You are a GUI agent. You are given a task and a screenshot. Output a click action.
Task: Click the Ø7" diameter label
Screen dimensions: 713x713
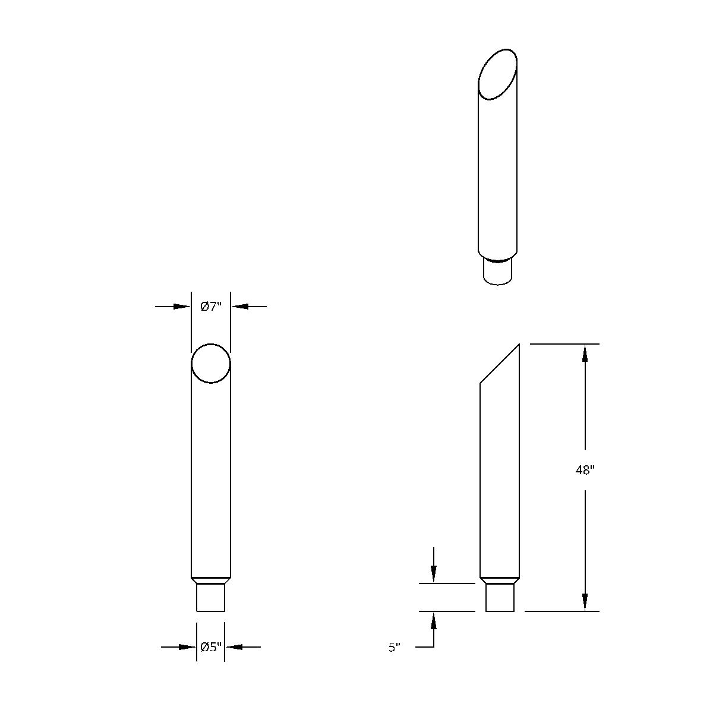tap(211, 307)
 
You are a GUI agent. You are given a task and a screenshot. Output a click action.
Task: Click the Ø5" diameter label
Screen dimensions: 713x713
tap(211, 646)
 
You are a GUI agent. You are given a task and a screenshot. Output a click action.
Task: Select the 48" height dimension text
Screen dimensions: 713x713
tap(585, 470)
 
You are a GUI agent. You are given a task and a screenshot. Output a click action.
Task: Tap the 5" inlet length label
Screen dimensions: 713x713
tap(395, 647)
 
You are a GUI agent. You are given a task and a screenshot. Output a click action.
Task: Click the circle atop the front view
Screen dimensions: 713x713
tap(211, 363)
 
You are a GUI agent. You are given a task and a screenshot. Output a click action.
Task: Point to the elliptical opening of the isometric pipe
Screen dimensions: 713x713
tap(498, 74)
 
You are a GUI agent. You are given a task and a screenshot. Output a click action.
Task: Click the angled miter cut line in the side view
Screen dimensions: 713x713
tap(500, 364)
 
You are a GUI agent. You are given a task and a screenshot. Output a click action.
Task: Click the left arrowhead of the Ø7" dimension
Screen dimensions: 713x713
tap(182, 307)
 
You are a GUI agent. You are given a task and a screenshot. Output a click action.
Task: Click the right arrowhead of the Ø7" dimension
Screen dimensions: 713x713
tap(239, 307)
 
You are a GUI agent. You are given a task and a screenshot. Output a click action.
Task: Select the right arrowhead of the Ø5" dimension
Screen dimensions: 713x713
tap(234, 646)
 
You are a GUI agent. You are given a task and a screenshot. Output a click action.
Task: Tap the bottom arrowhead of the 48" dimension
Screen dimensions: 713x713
tap(585, 602)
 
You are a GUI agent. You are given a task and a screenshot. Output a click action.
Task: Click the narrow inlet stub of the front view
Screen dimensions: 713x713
tap(210, 597)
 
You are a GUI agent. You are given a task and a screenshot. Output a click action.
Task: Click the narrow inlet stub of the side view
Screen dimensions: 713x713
tap(500, 597)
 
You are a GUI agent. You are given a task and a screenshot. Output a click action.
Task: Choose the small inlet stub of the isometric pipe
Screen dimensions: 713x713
tap(498, 272)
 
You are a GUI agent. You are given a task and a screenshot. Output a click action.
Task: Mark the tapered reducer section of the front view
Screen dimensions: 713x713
tap(210, 580)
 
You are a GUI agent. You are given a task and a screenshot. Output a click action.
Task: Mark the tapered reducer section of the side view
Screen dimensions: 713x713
tap(500, 580)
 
